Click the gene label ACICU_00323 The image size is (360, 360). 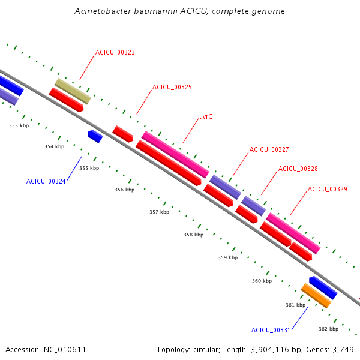[x=115, y=52]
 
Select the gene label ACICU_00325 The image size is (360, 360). [x=172, y=87]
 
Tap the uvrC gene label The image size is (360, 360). [x=206, y=117]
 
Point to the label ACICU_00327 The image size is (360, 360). [x=269, y=149]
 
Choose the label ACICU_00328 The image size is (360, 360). [x=298, y=169]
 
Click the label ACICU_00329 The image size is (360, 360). [x=327, y=189]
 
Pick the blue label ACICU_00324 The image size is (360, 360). [x=46, y=181]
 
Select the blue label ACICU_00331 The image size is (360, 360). [x=271, y=330]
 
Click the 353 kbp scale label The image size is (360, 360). [x=19, y=125]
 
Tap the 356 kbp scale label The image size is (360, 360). [x=125, y=190]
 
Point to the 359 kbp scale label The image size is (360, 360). [x=227, y=257]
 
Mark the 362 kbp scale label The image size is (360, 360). [x=328, y=329]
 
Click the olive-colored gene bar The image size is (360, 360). [x=73, y=91]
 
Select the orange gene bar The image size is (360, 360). [x=316, y=295]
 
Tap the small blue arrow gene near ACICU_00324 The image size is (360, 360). [x=95, y=136]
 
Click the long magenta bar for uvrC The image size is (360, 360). [x=175, y=154]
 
